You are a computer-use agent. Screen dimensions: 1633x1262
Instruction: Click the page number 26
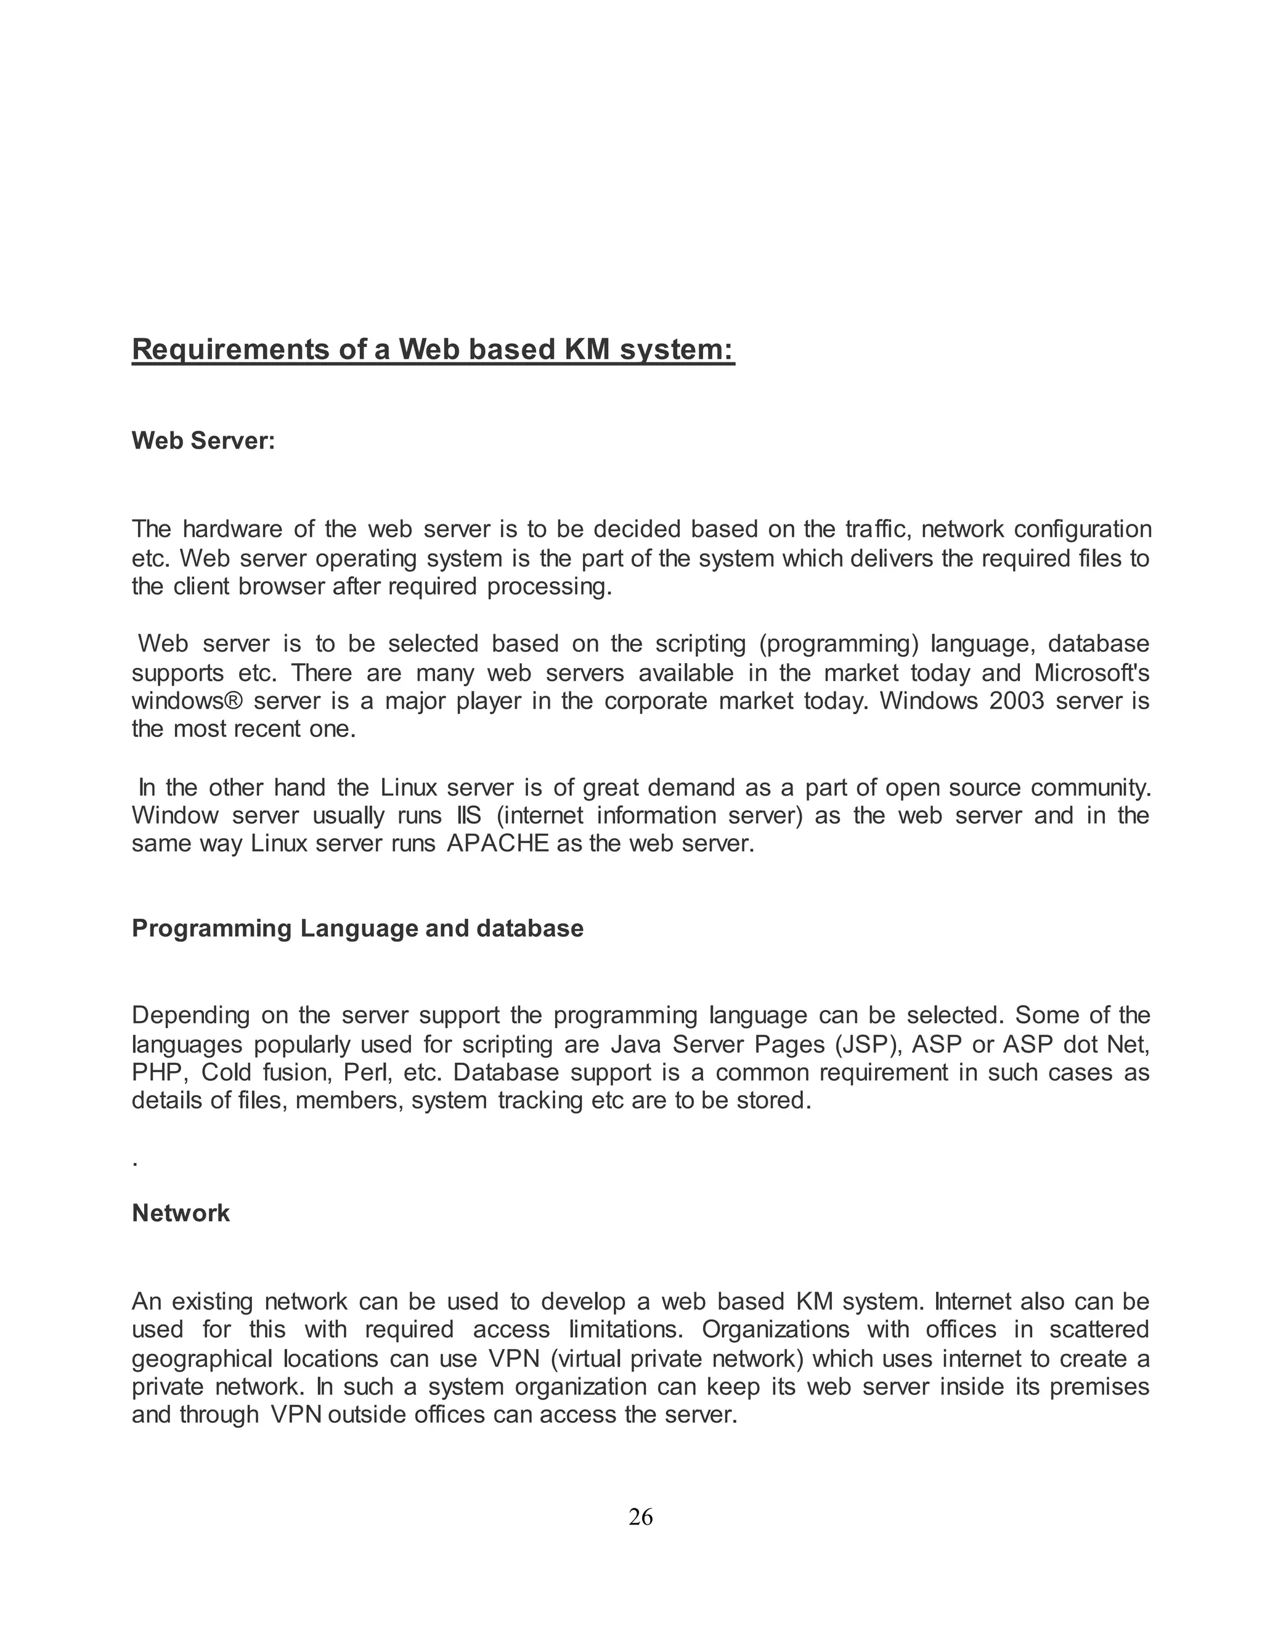click(x=641, y=1517)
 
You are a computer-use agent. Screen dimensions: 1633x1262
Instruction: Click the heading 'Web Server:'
click(x=203, y=441)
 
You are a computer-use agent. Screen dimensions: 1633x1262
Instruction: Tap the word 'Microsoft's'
click(x=1091, y=672)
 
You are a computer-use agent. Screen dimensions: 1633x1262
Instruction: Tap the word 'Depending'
click(x=190, y=1016)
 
